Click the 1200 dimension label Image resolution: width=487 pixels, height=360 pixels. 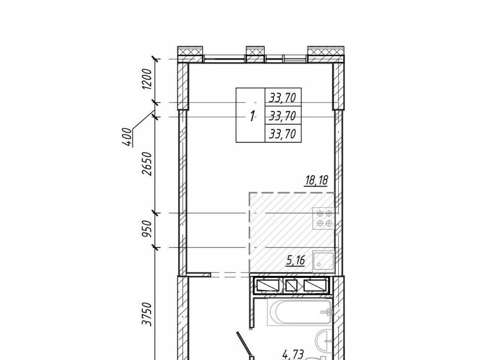pos(147,79)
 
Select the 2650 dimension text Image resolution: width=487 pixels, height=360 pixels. pos(147,163)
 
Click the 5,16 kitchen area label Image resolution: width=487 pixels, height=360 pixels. pos(295,261)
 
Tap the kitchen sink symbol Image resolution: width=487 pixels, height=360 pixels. pos(323,261)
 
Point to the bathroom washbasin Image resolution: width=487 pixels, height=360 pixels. pos(323,340)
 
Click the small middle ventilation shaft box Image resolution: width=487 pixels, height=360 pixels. pos(291,285)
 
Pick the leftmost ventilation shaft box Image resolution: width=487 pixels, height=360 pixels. pos(268,285)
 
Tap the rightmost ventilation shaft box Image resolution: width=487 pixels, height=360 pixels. pos(315,285)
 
